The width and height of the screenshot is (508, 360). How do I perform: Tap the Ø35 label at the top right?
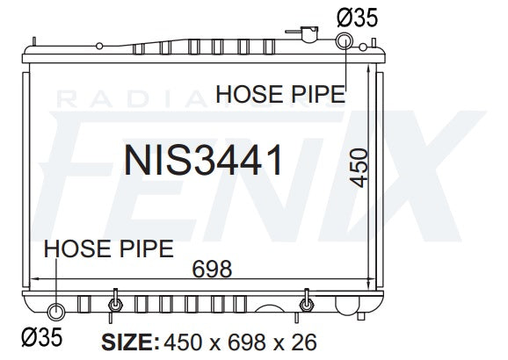click(357, 16)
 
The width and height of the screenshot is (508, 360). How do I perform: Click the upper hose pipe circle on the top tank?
click(345, 41)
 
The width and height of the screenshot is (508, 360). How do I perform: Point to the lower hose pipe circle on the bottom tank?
click(57, 311)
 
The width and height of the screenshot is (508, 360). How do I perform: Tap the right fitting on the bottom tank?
click(305, 304)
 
